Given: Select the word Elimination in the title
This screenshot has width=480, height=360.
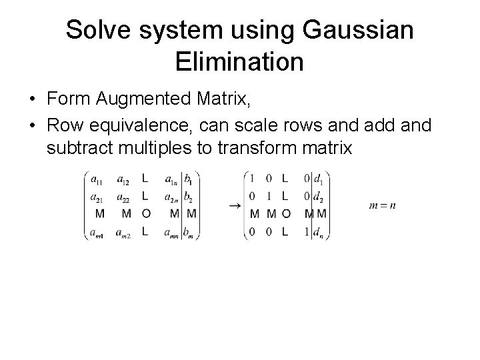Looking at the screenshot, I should click(x=239, y=62).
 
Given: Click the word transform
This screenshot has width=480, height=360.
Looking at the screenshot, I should click(x=257, y=147).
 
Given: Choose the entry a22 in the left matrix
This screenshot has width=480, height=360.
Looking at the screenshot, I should click(x=122, y=199).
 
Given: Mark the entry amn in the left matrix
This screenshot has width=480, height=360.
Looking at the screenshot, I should click(x=170, y=233).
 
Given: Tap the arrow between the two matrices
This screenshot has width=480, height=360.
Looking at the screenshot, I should click(x=234, y=207).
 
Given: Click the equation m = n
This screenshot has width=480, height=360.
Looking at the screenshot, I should click(x=382, y=205).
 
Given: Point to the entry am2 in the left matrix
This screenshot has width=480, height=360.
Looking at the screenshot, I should click(x=122, y=233).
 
